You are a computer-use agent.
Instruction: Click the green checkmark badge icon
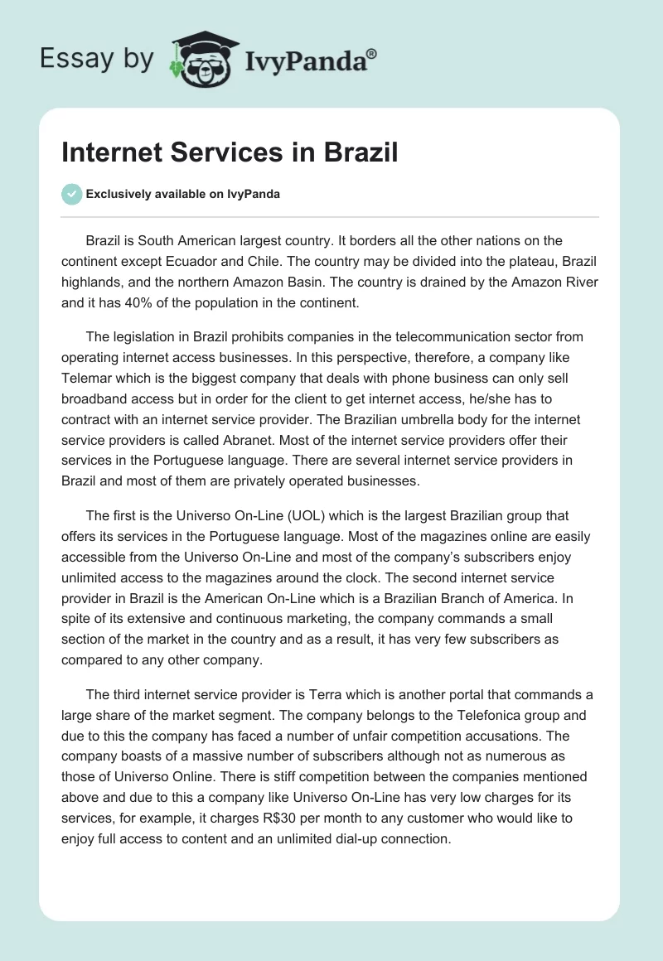[71, 194]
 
